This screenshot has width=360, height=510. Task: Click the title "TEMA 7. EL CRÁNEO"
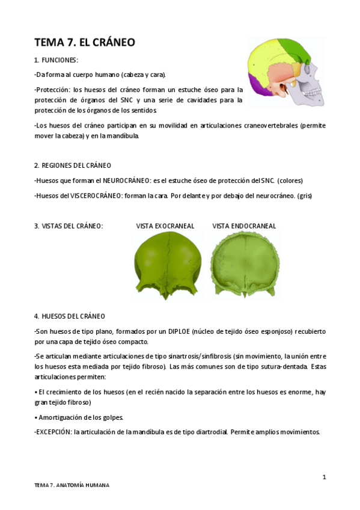[85, 42]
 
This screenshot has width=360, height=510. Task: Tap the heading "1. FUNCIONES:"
[56, 60]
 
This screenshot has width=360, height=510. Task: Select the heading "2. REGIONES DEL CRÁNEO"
[72, 165]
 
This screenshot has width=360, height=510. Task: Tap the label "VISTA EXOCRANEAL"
[165, 226]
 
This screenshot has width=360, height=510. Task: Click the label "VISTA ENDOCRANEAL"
[244, 226]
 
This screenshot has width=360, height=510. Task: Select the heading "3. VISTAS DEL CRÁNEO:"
[69, 226]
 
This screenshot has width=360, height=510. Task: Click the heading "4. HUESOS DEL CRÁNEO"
[70, 316]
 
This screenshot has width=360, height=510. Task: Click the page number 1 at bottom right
[324, 477]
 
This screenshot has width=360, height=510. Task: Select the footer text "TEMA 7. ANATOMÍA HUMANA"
[72, 485]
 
